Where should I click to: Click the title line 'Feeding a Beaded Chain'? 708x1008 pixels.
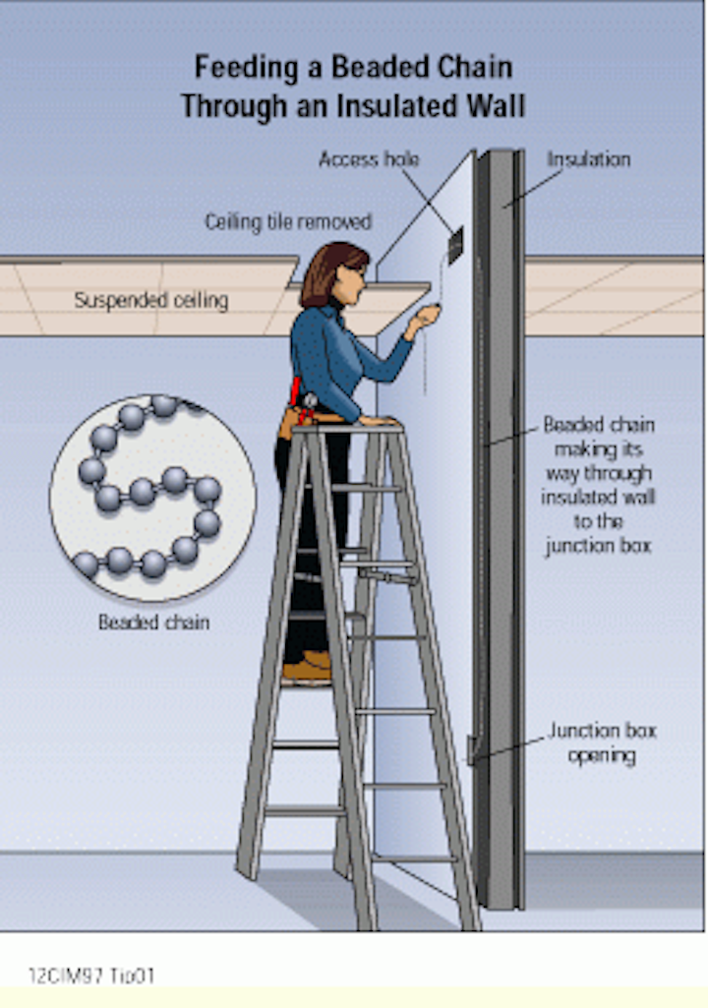(352, 67)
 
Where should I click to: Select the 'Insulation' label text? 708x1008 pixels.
(588, 159)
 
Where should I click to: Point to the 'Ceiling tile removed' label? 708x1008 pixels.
(288, 222)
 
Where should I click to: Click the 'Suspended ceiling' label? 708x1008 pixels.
(150, 300)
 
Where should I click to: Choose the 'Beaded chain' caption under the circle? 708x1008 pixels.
(153, 623)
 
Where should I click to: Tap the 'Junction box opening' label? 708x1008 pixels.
(602, 743)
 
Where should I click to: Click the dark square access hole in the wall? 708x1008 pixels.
(456, 245)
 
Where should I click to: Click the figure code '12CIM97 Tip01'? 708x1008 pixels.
(91, 977)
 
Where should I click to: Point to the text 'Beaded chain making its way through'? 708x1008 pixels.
(598, 461)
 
